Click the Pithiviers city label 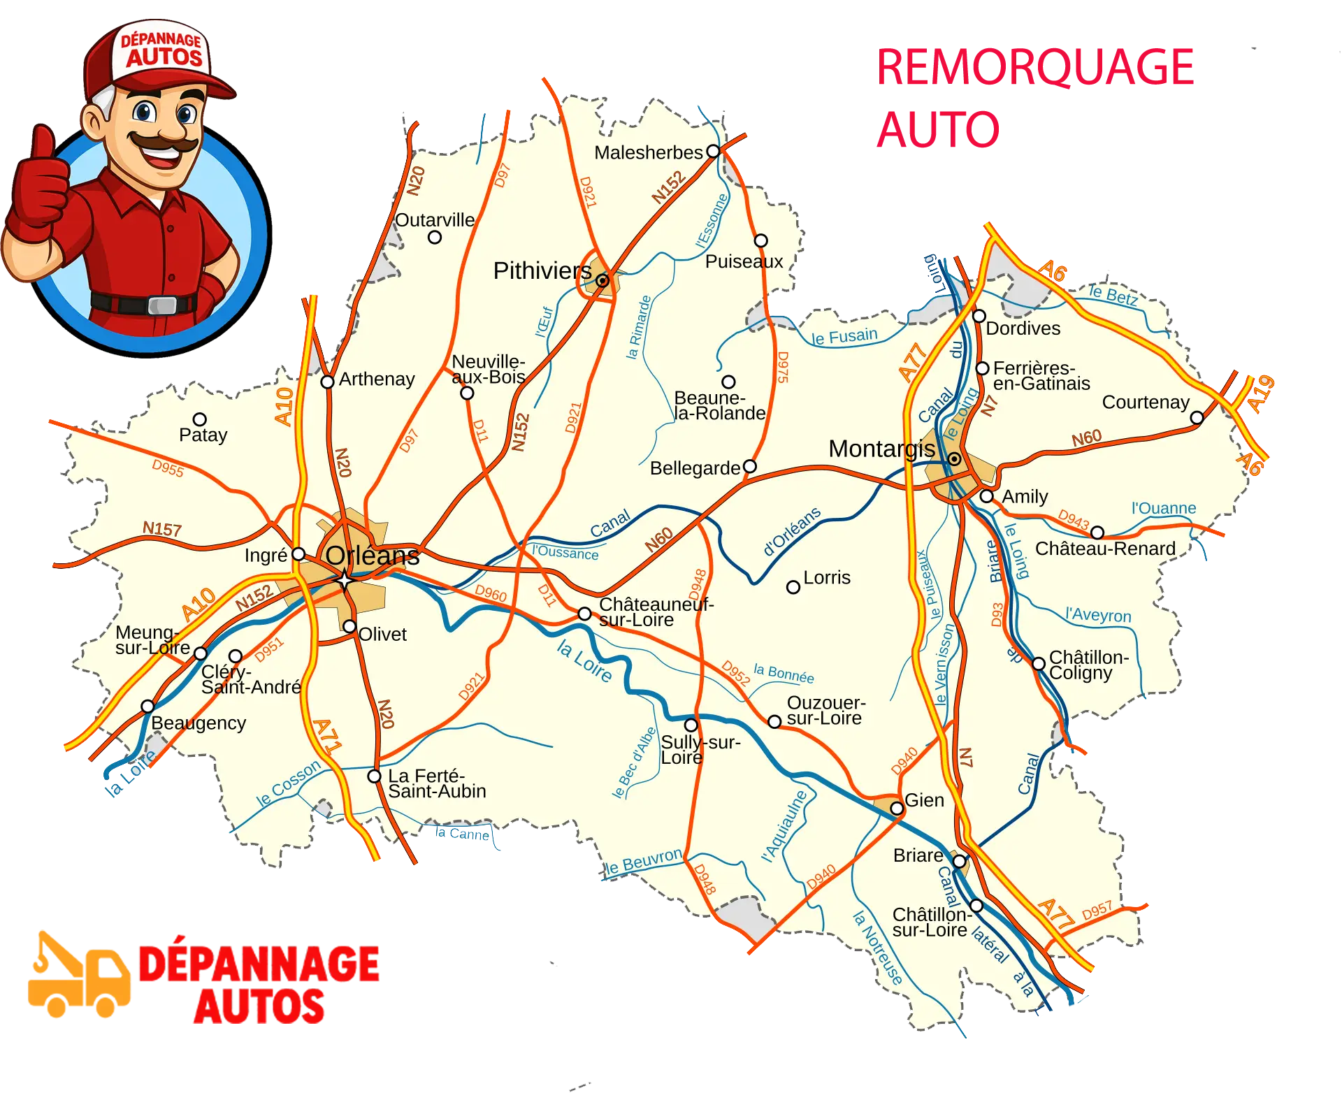coord(542,271)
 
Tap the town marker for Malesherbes coord(713,151)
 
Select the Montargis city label coord(881,449)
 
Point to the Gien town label coord(924,800)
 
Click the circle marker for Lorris coord(793,587)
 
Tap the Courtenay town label coord(1145,403)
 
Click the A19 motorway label coord(1261,394)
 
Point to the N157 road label coord(162,529)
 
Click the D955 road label coord(168,468)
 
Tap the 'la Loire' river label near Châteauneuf coord(584,661)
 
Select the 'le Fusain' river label coord(844,337)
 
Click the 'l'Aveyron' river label coord(1098,615)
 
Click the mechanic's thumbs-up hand coord(38,185)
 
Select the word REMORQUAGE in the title coord(1036,68)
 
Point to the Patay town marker coord(200,419)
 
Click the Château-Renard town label coord(1105,549)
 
